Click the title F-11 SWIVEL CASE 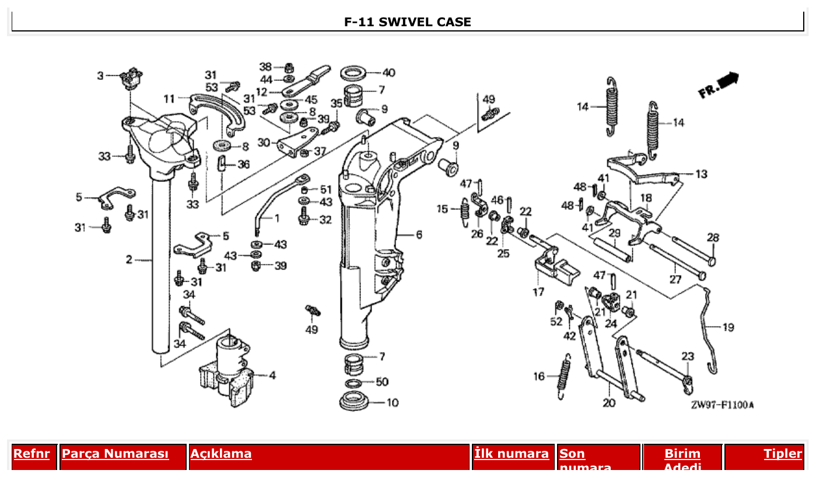tap(407, 22)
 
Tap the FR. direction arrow tap(718, 85)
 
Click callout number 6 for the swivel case tap(419, 234)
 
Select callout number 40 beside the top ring tap(388, 73)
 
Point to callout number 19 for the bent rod tap(728, 327)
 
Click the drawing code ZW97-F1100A tap(722, 405)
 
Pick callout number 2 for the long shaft tap(129, 259)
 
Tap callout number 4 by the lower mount tap(272, 375)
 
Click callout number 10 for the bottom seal tap(393, 402)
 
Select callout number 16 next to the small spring tap(539, 376)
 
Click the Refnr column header tap(31, 454)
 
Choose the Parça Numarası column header tap(115, 454)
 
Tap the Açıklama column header tap(221, 454)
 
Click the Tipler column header tap(783, 454)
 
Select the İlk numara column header tap(512, 454)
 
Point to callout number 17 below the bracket tap(538, 292)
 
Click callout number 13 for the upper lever tap(701, 174)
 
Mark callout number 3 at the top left tap(100, 75)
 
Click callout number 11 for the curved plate tap(169, 98)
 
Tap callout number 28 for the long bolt tap(713, 237)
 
